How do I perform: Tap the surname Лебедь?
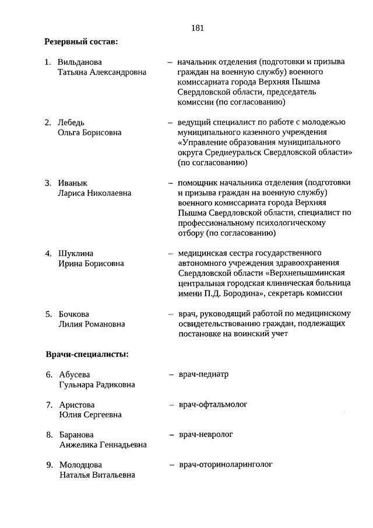[x=71, y=123]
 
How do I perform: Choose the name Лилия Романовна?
[x=92, y=324]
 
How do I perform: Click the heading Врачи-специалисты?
[x=87, y=354]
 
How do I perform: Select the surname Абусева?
[x=75, y=375]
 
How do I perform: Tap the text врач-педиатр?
[x=203, y=374]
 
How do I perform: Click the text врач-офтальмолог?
[x=213, y=404]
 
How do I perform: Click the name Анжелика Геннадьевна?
[x=103, y=445]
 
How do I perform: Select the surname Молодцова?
[x=80, y=465]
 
